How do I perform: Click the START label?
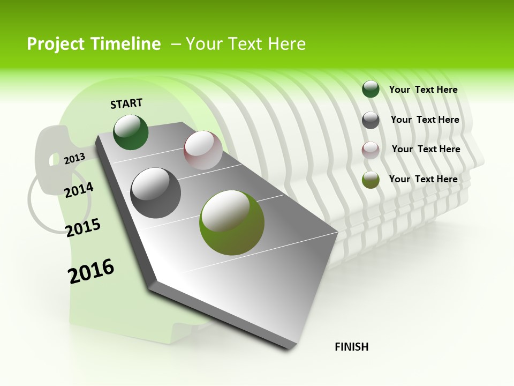tap(126, 103)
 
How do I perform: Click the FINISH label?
tap(351, 347)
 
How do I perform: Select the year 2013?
tap(75, 158)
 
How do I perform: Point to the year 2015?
tap(83, 228)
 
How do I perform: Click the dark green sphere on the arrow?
tap(131, 132)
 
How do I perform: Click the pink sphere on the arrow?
tap(203, 150)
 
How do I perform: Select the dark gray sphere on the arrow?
tap(156, 193)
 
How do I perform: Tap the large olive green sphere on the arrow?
tap(232, 222)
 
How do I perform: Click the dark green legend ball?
tap(371, 89)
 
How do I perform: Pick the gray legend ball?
tap(371, 120)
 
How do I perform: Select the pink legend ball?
tap(371, 150)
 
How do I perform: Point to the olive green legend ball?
tap(371, 180)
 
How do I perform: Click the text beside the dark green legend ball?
tap(423, 90)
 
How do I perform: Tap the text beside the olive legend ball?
tap(423, 179)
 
